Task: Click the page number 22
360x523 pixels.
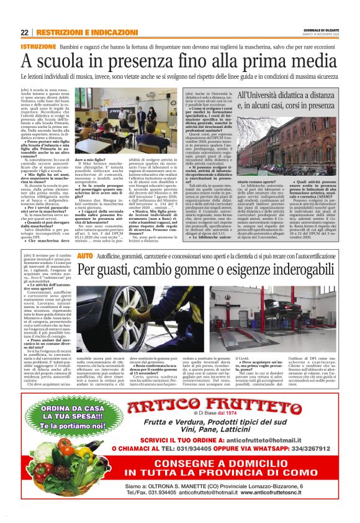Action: [x=25, y=32]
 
